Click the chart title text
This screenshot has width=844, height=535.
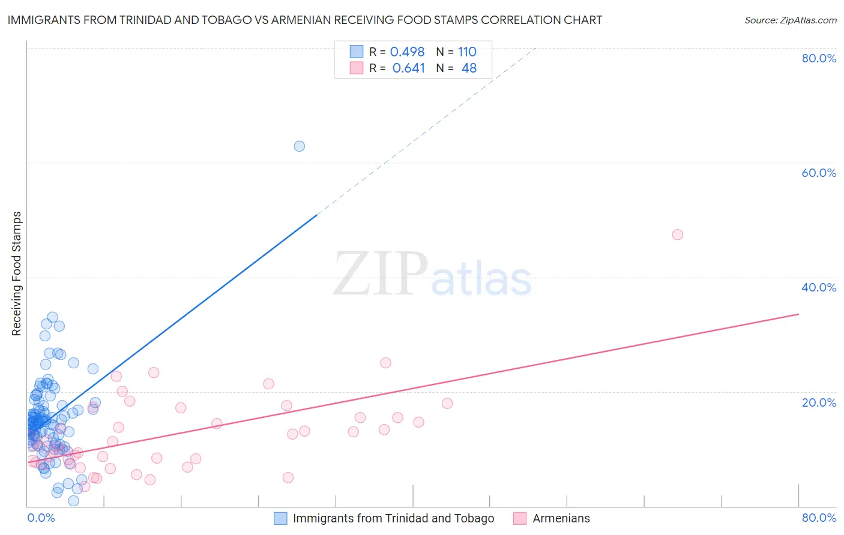click(304, 20)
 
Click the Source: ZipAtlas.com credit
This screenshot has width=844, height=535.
click(790, 20)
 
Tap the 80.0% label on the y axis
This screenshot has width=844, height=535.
click(819, 58)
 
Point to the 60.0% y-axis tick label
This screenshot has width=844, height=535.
click(819, 173)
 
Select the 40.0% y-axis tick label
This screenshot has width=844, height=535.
click(819, 287)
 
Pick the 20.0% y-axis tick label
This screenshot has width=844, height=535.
click(819, 402)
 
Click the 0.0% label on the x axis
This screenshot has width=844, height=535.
click(41, 518)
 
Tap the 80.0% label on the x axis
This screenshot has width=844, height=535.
click(819, 518)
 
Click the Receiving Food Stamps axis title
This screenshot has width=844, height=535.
click(17, 273)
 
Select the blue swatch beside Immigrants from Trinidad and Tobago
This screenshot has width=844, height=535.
click(280, 518)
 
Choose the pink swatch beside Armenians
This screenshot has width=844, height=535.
click(520, 518)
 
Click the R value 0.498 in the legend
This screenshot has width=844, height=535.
click(407, 52)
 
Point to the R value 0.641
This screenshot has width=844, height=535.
click(408, 68)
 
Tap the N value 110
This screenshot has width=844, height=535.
click(467, 52)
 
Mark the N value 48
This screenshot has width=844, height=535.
click(469, 68)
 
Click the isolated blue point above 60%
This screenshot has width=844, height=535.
click(299, 146)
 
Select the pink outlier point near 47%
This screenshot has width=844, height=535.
click(677, 235)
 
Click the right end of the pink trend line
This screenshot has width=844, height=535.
click(798, 314)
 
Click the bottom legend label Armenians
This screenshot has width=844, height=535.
click(561, 518)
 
